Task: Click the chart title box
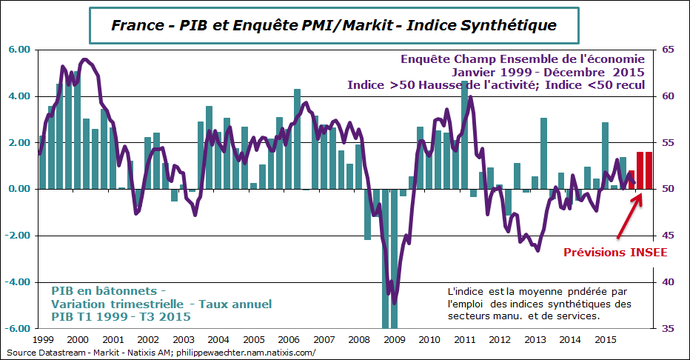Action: point(333,25)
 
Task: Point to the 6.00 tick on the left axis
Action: point(19,50)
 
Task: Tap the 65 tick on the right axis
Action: point(669,50)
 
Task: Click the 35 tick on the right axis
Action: point(669,328)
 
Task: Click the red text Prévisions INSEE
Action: point(615,253)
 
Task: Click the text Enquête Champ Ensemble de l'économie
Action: point(523,59)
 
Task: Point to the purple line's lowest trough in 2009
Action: point(395,302)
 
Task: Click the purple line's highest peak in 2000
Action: point(85,59)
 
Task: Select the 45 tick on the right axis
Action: point(669,236)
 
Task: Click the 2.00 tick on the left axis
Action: point(19,143)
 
